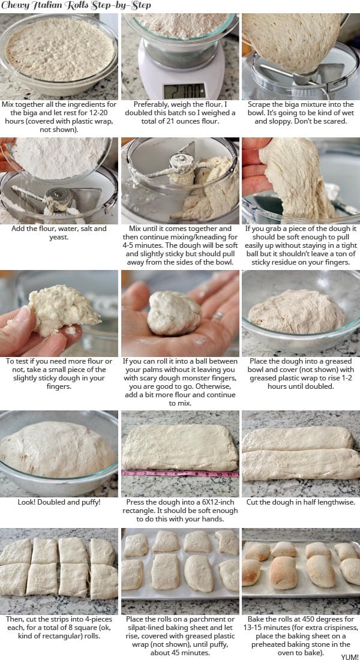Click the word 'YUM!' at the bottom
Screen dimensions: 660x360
pyautogui.click(x=349, y=656)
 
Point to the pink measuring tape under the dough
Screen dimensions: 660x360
pyautogui.click(x=180, y=473)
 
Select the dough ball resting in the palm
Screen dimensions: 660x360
pyautogui.click(x=174, y=312)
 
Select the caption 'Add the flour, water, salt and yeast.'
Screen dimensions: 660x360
pyautogui.click(x=59, y=233)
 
